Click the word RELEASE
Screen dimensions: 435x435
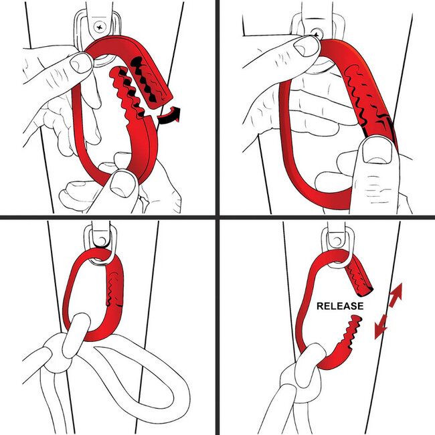pos(340,306)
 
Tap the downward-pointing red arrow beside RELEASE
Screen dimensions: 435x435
pos(381,327)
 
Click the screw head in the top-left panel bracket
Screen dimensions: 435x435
pos(101,27)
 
